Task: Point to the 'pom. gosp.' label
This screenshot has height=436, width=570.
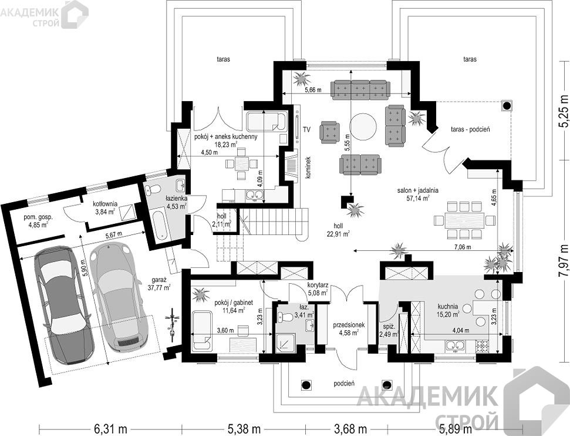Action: click(38, 217)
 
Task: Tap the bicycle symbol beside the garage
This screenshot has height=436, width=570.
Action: click(173, 324)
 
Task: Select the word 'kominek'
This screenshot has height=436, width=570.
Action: click(308, 167)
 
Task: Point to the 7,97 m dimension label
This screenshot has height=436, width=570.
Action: click(563, 261)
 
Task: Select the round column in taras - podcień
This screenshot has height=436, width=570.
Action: click(507, 106)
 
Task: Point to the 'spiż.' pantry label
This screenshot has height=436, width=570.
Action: click(386, 327)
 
